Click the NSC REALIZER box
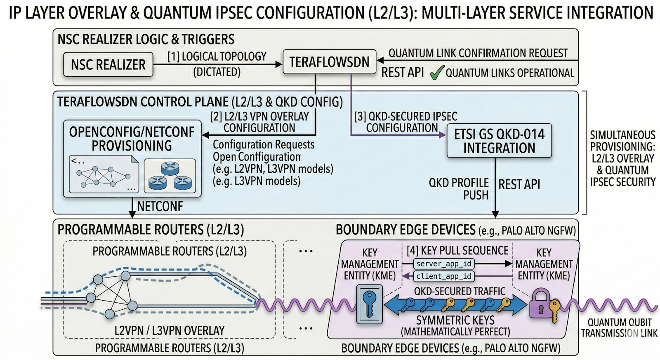[108, 64]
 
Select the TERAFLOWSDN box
[329, 62]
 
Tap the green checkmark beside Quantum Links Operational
[436, 73]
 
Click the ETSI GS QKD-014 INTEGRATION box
[499, 141]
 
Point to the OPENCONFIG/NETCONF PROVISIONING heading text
[132, 139]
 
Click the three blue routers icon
[170, 176]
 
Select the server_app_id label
[444, 264]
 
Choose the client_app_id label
[444, 276]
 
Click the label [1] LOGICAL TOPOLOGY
[217, 56]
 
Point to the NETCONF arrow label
[160, 206]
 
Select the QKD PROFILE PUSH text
[459, 188]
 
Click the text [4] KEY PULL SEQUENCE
[457, 250]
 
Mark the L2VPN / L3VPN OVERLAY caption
[170, 330]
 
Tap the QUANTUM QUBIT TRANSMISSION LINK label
[619, 328]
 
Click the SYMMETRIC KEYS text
[455, 320]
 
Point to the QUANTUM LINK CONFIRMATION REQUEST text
[478, 53]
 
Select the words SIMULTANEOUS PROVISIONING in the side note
[622, 141]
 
